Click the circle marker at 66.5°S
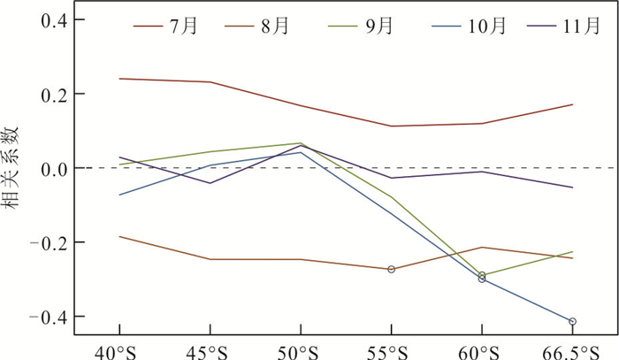coord(572,322)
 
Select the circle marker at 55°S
coord(391,269)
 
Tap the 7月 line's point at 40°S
coord(118,79)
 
